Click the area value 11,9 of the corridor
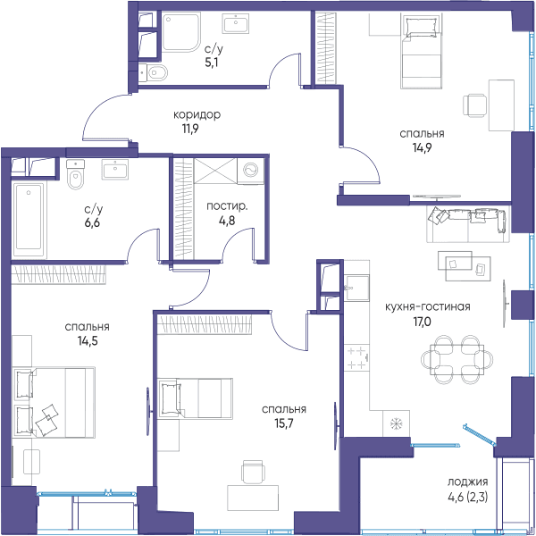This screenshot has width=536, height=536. (190, 130)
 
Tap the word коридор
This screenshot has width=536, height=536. (197, 114)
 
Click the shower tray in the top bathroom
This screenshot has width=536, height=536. (180, 32)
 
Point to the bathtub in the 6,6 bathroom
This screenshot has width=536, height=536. (29, 220)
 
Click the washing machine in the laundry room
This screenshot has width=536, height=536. (251, 171)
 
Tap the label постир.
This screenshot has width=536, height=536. (227, 206)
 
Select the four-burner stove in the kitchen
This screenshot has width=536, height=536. (356, 358)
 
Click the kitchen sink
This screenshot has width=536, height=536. (356, 288)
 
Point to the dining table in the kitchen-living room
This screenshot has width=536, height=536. (457, 359)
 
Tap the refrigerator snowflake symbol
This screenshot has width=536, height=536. (396, 423)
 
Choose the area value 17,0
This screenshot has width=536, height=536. (423, 322)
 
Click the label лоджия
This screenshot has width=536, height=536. (467, 482)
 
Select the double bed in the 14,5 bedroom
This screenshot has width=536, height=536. (54, 403)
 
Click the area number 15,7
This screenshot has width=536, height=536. (284, 423)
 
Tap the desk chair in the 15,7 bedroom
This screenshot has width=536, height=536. (253, 472)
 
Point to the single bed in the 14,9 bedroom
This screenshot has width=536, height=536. (422, 51)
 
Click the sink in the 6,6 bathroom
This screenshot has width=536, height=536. (115, 169)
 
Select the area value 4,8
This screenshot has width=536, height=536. (227, 221)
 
